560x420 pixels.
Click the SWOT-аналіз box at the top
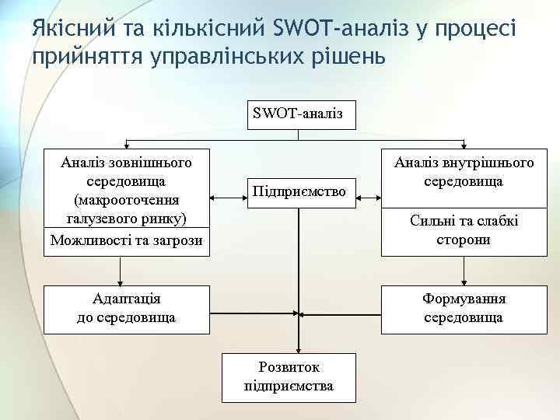(x=302, y=114)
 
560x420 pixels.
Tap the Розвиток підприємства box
(x=289, y=377)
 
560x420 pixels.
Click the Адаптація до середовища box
(x=127, y=308)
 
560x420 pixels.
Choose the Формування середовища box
(x=464, y=308)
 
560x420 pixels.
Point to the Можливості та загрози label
(x=127, y=240)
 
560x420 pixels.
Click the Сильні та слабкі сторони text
(x=464, y=230)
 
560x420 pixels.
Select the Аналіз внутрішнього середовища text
(x=464, y=172)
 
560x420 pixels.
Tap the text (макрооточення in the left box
(x=127, y=198)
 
